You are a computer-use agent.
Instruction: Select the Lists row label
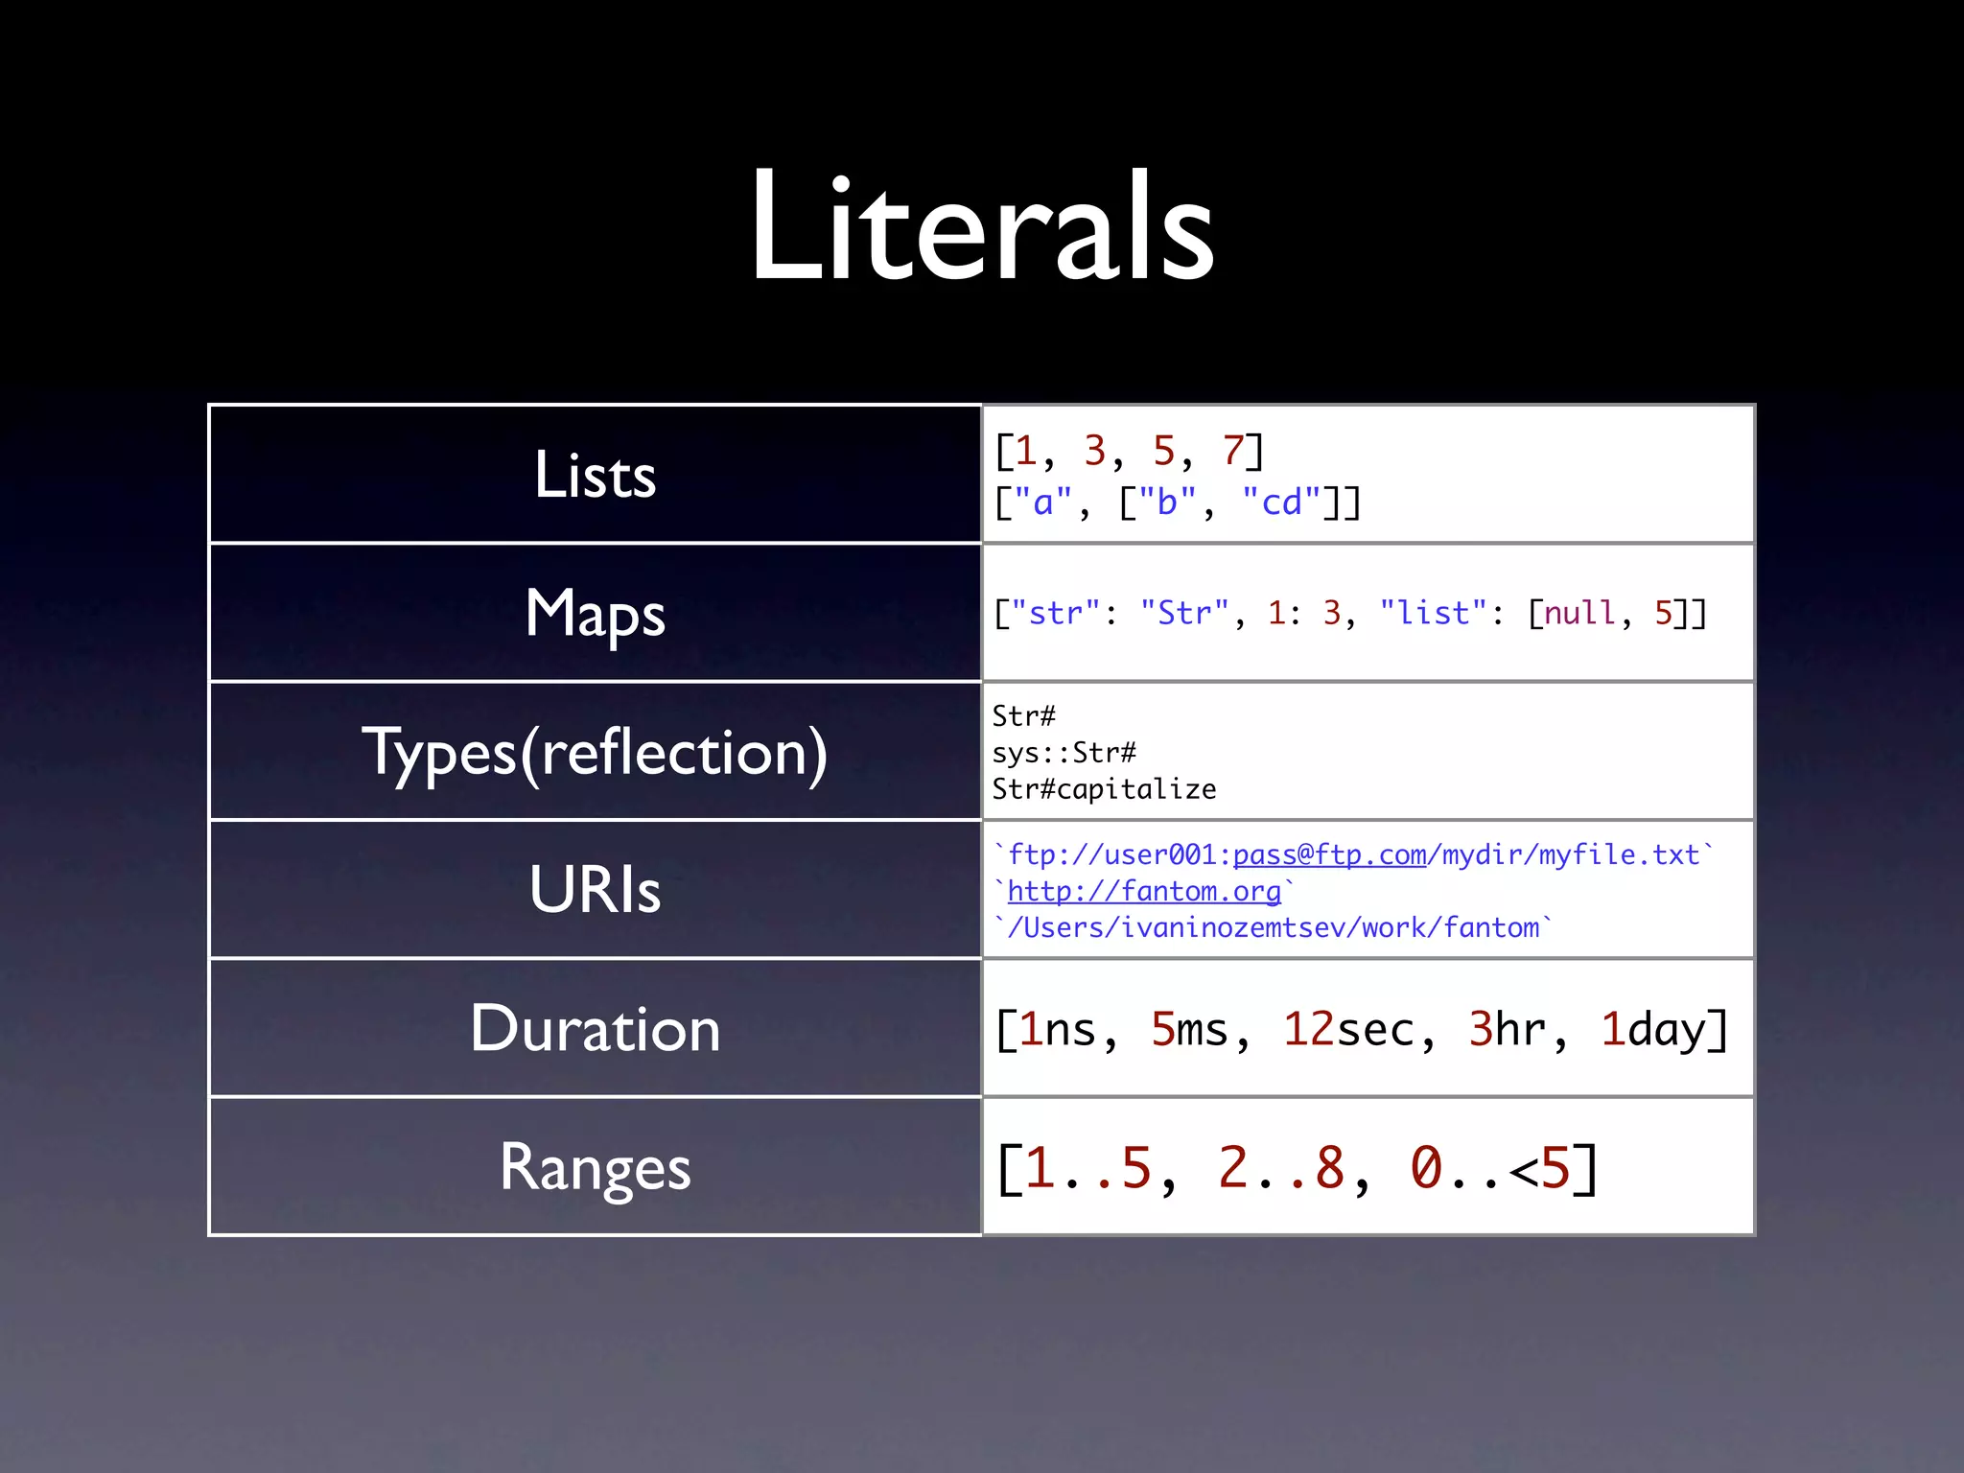595,475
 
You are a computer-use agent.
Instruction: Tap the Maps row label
595,614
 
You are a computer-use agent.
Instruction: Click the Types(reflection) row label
595,753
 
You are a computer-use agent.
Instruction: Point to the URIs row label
595,890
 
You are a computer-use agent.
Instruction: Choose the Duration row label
595,1029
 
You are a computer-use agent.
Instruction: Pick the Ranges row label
595,1168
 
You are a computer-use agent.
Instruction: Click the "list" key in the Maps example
1433,613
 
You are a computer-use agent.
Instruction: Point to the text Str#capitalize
1104,789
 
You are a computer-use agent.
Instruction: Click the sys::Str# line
1064,753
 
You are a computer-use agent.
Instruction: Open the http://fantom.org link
1144,891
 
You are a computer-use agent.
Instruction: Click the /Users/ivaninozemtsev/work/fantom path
1273,927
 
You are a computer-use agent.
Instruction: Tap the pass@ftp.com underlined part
1329,854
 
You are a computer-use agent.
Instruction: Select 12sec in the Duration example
1348,1029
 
